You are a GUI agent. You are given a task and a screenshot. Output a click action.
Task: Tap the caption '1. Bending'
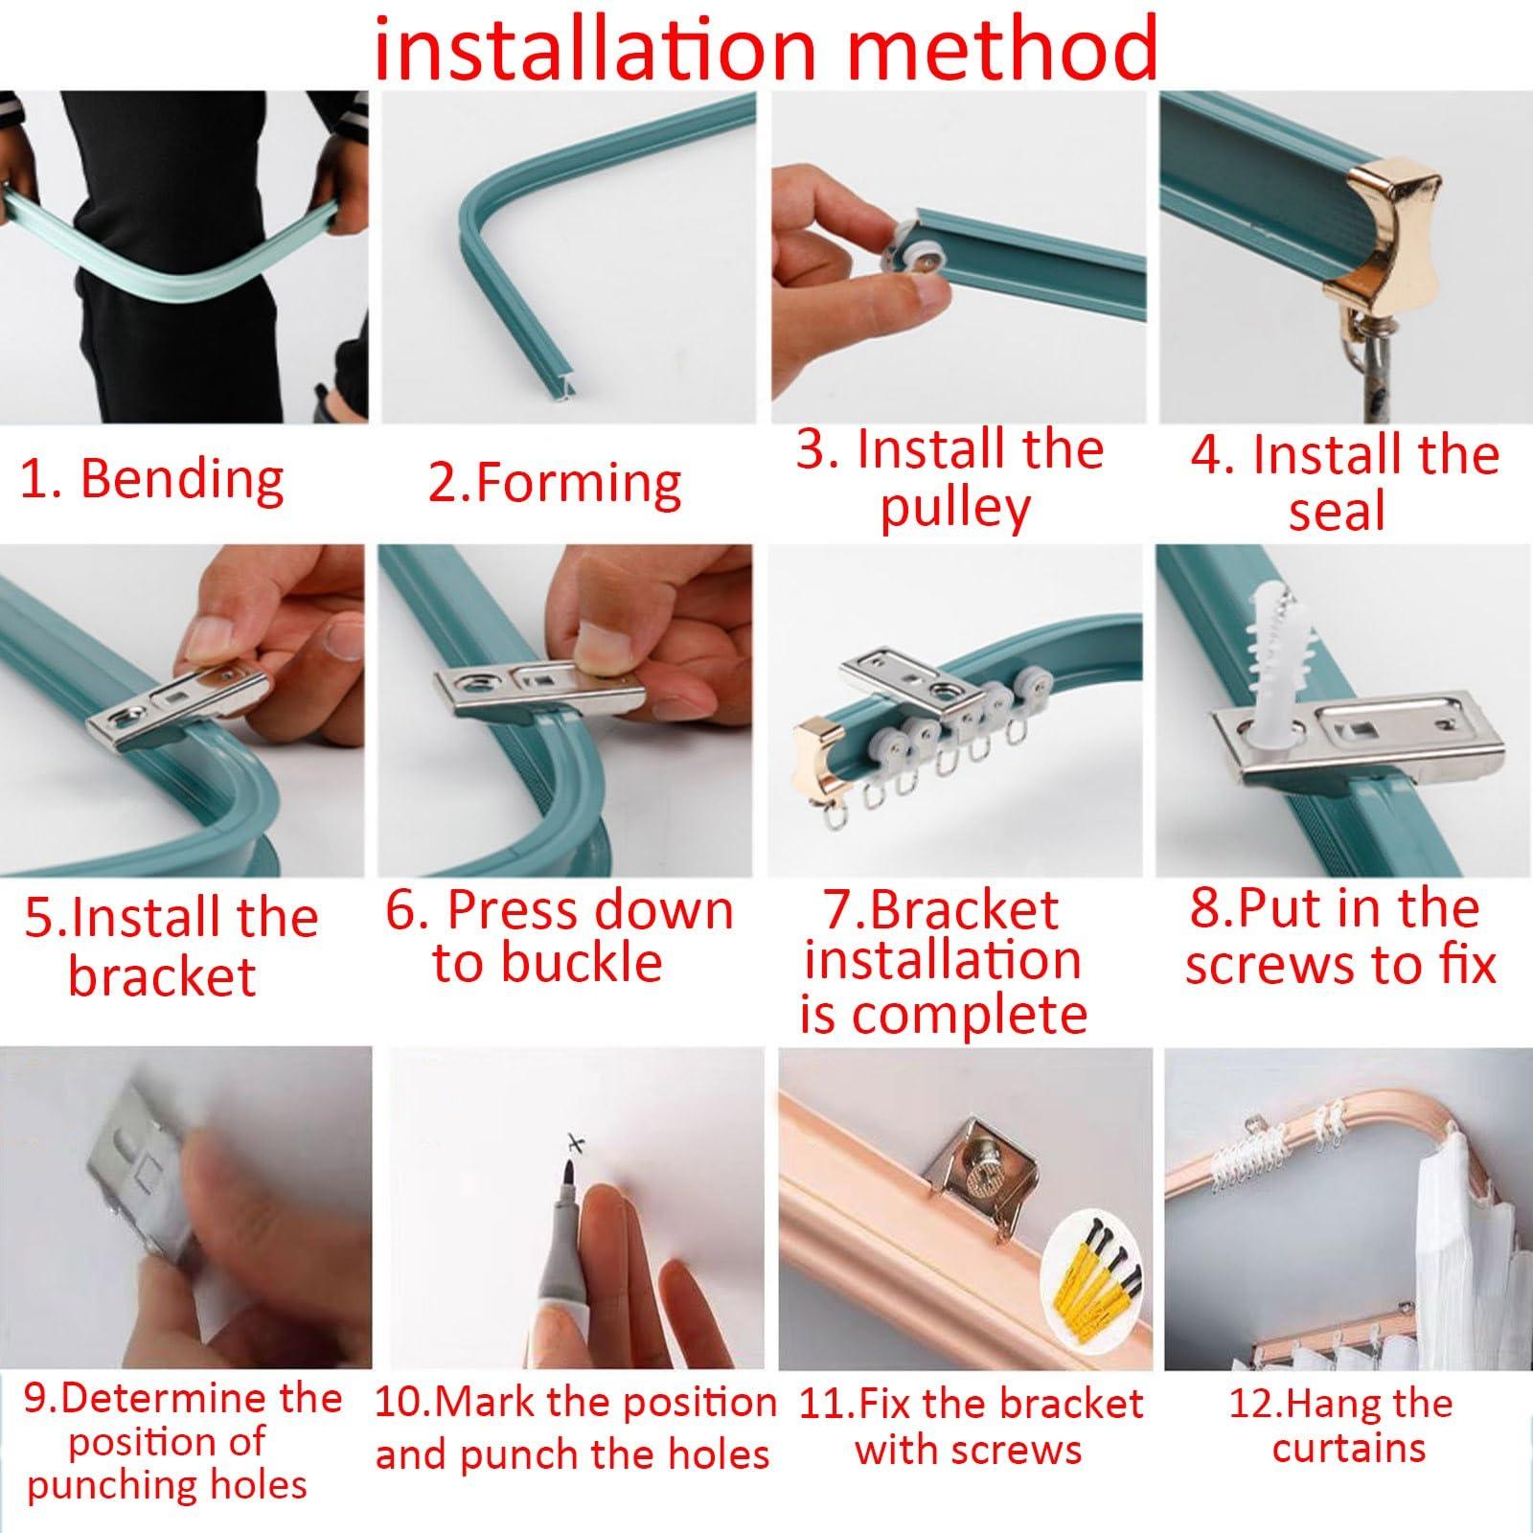click(152, 478)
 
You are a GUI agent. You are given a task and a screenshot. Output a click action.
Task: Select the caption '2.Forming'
click(554, 483)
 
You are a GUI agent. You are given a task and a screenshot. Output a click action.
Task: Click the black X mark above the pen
click(574, 1143)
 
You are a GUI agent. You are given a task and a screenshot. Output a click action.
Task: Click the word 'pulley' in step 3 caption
click(954, 509)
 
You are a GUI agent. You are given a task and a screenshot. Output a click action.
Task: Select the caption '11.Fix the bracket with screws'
click(970, 1428)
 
